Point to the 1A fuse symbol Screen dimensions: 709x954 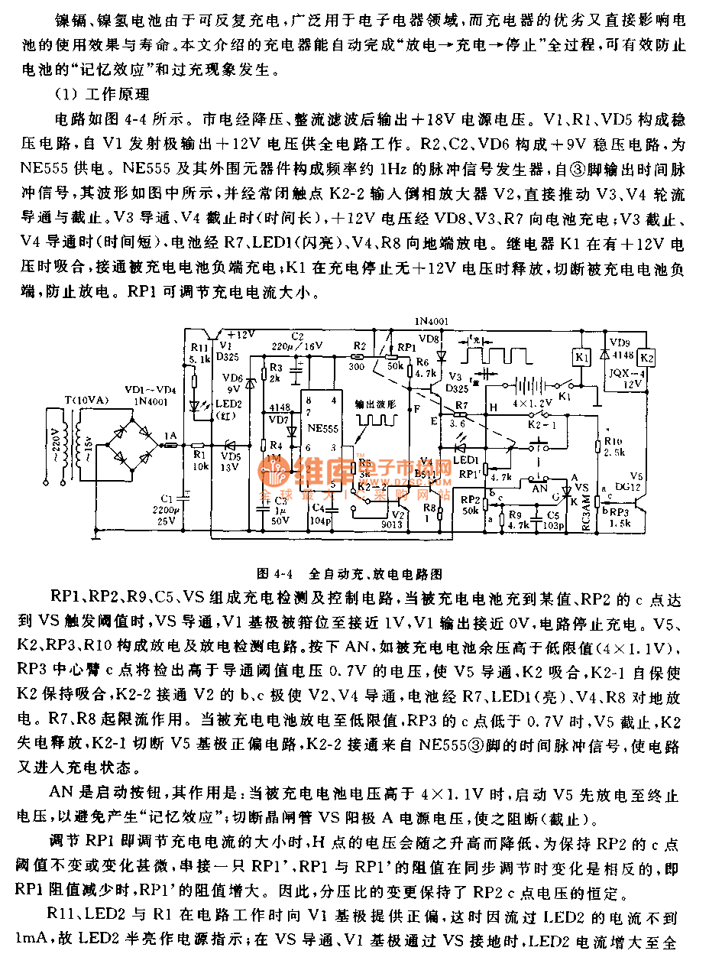170,443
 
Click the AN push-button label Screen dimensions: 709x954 539,487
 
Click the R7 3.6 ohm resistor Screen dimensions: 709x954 463,414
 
